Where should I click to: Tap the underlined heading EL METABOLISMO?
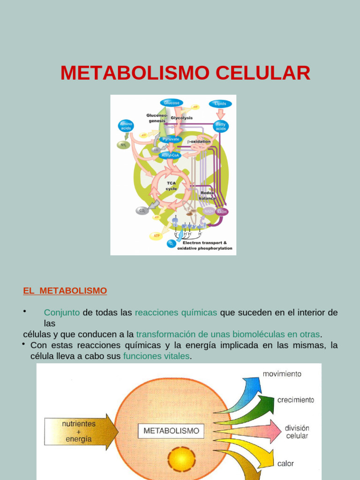pos(65,291)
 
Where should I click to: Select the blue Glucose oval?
pos(172,103)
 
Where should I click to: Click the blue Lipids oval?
pos(220,103)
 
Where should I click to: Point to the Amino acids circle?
pos(126,126)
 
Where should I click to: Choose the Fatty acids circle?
pos(221,126)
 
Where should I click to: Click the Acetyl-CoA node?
pos(170,155)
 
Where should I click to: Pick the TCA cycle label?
pos(171,186)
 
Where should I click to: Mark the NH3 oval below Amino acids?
pos(123,145)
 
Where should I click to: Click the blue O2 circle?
pos(171,244)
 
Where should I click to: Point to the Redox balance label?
pos(207,195)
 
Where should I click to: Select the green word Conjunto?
pos(62,313)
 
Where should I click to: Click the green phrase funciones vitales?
pos(157,356)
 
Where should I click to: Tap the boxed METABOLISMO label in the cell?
pos(171,430)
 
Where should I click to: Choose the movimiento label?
pos(282,374)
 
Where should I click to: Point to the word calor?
pos(285,464)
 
